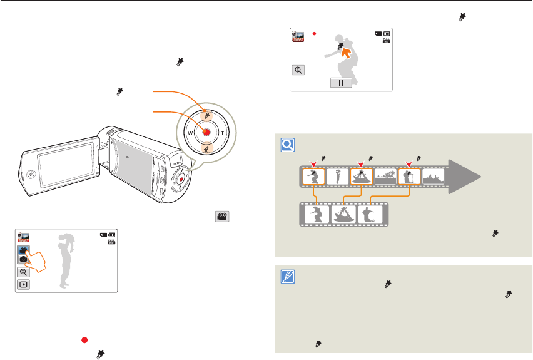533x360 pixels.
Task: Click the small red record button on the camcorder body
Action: (x=180, y=179)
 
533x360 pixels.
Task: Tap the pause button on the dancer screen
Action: (x=342, y=83)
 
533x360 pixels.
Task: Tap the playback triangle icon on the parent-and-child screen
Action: (x=23, y=285)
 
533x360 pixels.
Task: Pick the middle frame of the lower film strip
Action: (x=343, y=215)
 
